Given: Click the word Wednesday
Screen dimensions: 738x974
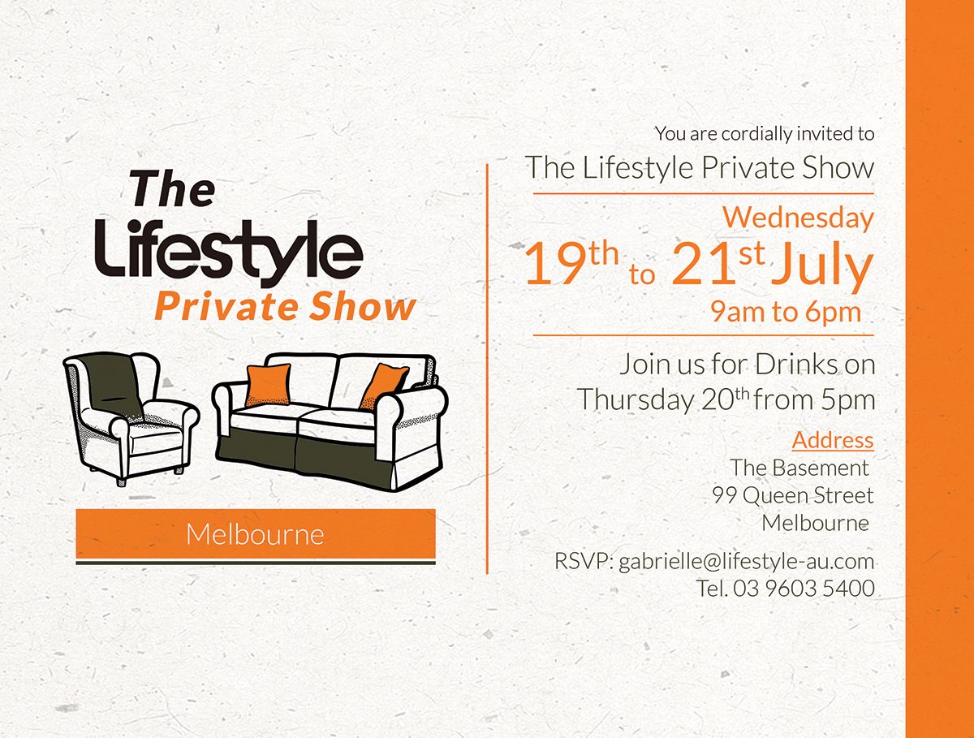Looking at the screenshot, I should (798, 218).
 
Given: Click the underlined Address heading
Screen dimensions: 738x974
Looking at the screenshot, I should (833, 440).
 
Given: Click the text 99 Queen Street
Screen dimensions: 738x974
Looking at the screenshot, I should (793, 495).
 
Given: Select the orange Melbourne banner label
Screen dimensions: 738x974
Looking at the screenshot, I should (255, 534).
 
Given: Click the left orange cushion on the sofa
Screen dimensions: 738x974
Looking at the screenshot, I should (268, 384).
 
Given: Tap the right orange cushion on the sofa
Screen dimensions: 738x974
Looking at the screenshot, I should (382, 385).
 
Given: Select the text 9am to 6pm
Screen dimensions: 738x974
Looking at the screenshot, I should (785, 312).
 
